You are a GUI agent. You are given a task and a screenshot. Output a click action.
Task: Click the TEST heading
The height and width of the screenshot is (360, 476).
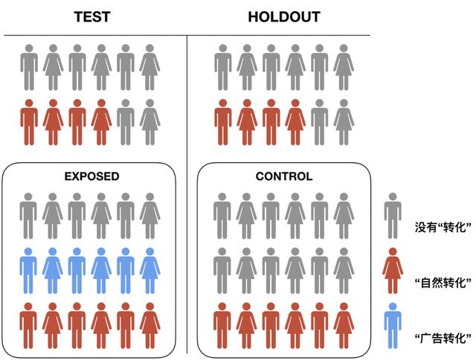(x=91, y=16)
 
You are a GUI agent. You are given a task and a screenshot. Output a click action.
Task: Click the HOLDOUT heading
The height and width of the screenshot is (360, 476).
(x=283, y=16)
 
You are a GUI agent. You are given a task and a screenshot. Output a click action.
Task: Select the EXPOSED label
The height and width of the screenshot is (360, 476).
(x=91, y=176)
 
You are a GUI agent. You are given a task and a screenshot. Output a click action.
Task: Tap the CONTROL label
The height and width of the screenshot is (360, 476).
(x=283, y=176)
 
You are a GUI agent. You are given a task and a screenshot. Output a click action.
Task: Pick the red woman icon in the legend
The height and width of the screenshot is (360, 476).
(x=393, y=270)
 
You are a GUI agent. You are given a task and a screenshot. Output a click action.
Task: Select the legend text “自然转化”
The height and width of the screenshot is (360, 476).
(x=445, y=283)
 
